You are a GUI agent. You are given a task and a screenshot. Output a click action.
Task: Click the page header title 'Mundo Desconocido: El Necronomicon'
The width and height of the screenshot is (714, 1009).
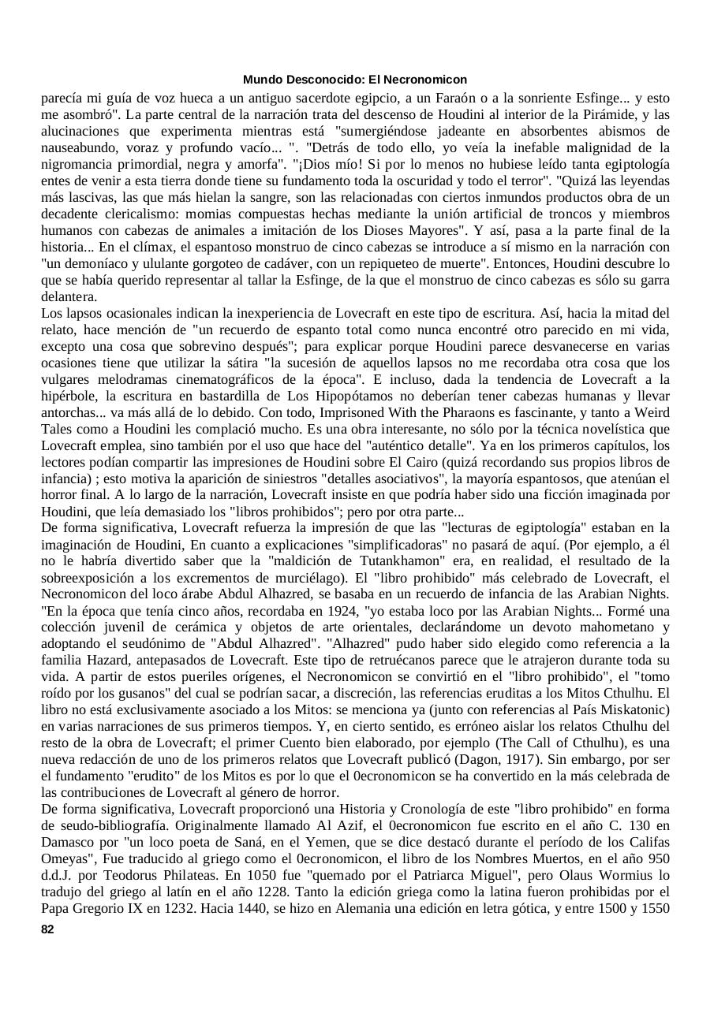coord(355,80)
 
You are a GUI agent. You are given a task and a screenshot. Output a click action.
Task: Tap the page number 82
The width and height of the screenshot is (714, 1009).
coord(47,929)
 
